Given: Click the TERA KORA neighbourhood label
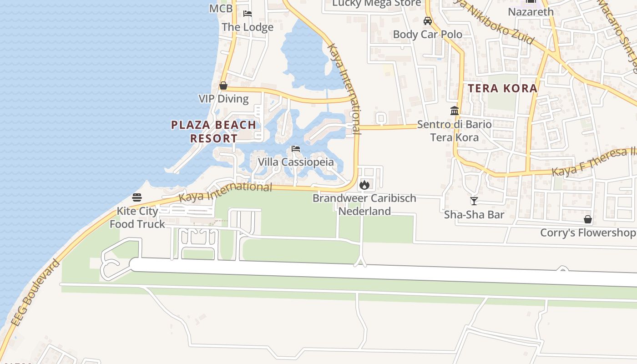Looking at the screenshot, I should [x=503, y=88].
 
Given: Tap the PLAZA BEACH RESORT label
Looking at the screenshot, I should [x=213, y=131].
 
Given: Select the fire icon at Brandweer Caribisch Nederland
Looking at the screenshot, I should [x=364, y=185].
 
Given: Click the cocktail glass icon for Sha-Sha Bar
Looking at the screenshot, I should [x=474, y=201].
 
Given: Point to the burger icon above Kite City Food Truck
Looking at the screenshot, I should [x=137, y=197].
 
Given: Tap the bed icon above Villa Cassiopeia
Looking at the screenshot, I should [x=296, y=149].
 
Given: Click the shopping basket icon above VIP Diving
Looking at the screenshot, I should [x=223, y=86].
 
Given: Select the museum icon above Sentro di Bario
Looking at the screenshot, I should [x=454, y=111].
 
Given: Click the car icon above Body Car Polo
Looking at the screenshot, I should [x=428, y=21].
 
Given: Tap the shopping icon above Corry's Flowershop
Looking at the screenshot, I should [x=588, y=219].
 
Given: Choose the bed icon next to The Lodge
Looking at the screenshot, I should [x=248, y=14].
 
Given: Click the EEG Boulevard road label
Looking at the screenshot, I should [x=35, y=293].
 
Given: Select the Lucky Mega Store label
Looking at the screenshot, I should [x=377, y=4].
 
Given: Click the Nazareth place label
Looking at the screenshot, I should [x=531, y=12].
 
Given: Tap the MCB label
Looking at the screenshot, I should [x=221, y=9].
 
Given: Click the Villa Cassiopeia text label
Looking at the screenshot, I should [x=296, y=162].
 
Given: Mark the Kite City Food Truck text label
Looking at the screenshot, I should [x=137, y=217].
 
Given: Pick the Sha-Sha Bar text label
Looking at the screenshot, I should [x=474, y=214].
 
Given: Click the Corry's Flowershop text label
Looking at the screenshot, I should [x=588, y=233].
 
